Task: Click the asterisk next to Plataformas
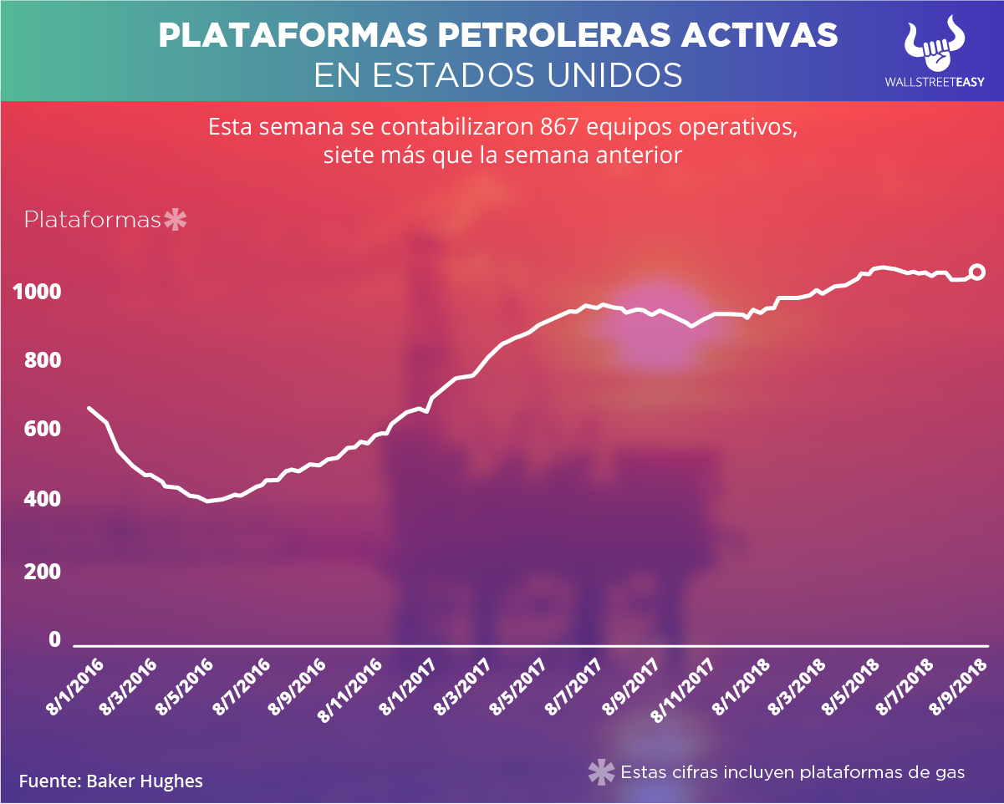(176, 221)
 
